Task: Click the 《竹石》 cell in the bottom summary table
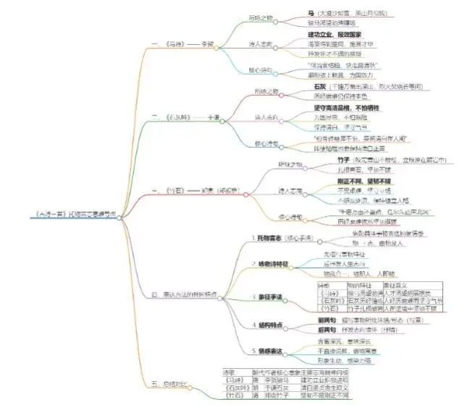pyautogui.click(x=234, y=397)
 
